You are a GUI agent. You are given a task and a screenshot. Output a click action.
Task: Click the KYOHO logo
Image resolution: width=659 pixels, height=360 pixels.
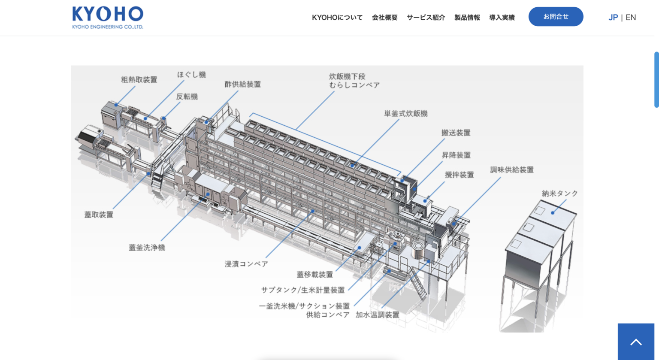pyautogui.click(x=108, y=17)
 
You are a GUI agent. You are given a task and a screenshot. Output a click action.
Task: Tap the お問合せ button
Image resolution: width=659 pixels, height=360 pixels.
pyautogui.click(x=556, y=17)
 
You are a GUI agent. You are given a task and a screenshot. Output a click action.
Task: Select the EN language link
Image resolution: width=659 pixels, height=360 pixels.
pyautogui.click(x=631, y=18)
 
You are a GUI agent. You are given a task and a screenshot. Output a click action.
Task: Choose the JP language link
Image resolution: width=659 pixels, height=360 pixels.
pyautogui.click(x=613, y=18)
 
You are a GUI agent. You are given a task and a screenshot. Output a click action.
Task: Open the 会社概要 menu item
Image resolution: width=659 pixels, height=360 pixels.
pyautogui.click(x=384, y=18)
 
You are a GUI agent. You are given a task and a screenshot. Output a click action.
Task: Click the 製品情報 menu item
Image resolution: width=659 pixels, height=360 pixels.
pyautogui.click(x=467, y=18)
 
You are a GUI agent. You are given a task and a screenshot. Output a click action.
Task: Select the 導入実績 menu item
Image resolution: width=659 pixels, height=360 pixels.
pyautogui.click(x=502, y=18)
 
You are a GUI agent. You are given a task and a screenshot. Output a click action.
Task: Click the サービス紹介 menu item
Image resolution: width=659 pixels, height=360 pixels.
pyautogui.click(x=426, y=18)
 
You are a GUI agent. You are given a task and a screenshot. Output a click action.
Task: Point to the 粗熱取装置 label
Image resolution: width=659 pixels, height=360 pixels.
pyautogui.click(x=139, y=80)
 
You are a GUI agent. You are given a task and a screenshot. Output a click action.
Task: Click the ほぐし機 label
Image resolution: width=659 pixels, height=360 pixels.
pyautogui.click(x=191, y=75)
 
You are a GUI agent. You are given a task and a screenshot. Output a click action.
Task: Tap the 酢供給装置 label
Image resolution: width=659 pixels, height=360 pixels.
pyautogui.click(x=242, y=85)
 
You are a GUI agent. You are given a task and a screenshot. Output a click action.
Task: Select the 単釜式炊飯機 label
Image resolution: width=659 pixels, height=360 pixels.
pyautogui.click(x=405, y=114)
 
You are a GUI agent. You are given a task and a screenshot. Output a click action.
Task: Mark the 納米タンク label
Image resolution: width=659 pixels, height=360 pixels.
pyautogui.click(x=559, y=194)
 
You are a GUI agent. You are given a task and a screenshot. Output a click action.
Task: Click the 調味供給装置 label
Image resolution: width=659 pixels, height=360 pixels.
pyautogui.click(x=512, y=170)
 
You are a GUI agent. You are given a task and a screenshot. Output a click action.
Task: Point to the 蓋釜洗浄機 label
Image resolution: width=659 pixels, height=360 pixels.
pyautogui.click(x=147, y=248)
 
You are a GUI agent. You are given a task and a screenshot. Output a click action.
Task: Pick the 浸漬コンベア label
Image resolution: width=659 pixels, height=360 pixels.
pyautogui.click(x=246, y=264)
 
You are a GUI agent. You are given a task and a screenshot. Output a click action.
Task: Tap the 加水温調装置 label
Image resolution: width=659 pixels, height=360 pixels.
pyautogui.click(x=377, y=315)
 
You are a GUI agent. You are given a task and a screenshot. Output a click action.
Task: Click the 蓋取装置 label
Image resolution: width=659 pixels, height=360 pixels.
pyautogui.click(x=99, y=215)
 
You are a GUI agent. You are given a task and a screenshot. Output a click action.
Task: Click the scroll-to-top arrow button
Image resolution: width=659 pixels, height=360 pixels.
pyautogui.click(x=636, y=342)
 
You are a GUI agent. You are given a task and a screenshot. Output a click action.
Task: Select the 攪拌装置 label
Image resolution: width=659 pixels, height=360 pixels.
pyautogui.click(x=459, y=175)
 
